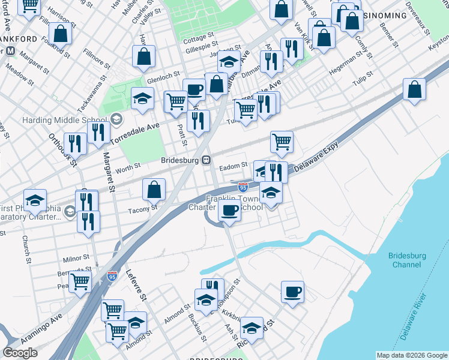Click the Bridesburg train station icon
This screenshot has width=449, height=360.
(x=206, y=160)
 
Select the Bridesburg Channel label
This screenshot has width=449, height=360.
(x=406, y=260)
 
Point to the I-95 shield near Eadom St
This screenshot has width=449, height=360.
(x=243, y=187)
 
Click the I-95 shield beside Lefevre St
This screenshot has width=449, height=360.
(x=112, y=276)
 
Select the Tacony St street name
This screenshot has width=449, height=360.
(x=143, y=209)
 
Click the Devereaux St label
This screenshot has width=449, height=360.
(x=418, y=16)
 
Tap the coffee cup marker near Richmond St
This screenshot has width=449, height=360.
(x=292, y=293)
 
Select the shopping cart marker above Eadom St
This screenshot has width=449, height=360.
(x=282, y=142)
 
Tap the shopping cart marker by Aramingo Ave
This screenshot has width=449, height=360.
(x=80, y=281)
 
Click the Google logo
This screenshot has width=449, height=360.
(x=20, y=353)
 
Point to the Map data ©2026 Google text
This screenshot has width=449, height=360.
(x=412, y=355)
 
